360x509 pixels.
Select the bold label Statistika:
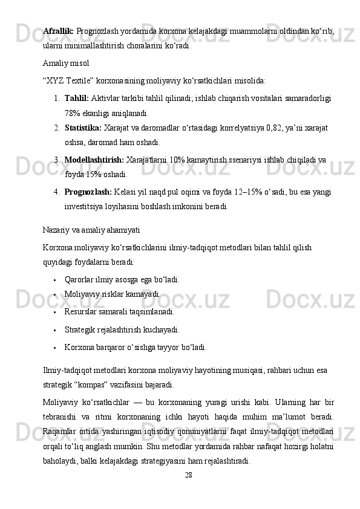pos(83,128)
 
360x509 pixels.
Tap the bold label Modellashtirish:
pos(94,160)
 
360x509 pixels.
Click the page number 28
pos(189,475)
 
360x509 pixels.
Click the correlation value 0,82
pos(277,128)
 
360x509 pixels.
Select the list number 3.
pos(56,160)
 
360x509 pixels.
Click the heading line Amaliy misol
pos(66,63)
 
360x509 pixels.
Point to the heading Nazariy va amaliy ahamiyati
pos(91,230)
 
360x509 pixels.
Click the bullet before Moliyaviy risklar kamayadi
pos(54,295)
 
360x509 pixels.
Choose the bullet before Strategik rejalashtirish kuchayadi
pos(54,331)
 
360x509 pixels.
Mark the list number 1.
pos(56,99)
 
